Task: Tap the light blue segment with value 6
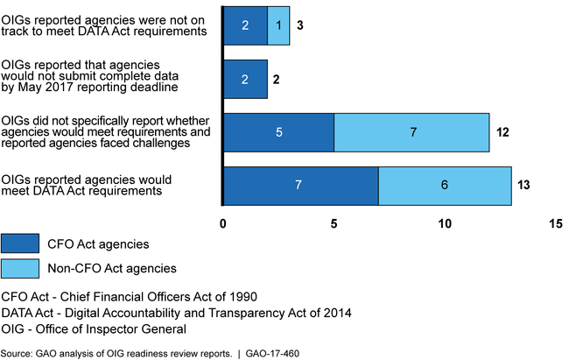[445, 186]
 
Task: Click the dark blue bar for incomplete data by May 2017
[245, 79]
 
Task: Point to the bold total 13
[524, 186]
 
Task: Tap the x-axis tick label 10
[445, 223]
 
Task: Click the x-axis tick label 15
[555, 223]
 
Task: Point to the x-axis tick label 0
[224, 223]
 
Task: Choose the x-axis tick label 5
[334, 223]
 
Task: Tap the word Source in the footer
[18, 352]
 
